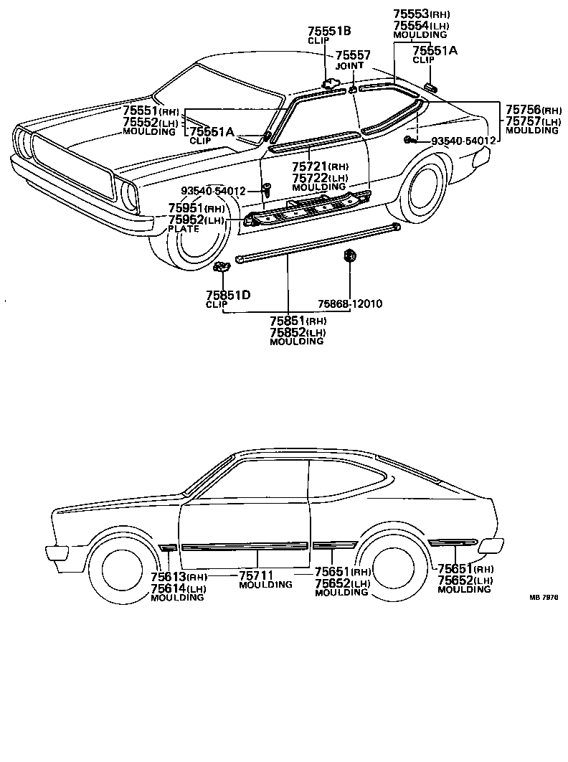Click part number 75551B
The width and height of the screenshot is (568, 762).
click(x=329, y=31)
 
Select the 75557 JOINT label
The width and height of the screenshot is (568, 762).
click(x=353, y=55)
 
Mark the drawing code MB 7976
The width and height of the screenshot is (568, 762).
click(x=544, y=597)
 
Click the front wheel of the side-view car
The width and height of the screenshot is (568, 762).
click(x=122, y=570)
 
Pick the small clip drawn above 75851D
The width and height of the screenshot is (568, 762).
click(x=222, y=267)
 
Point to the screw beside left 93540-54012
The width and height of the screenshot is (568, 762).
click(x=266, y=190)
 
